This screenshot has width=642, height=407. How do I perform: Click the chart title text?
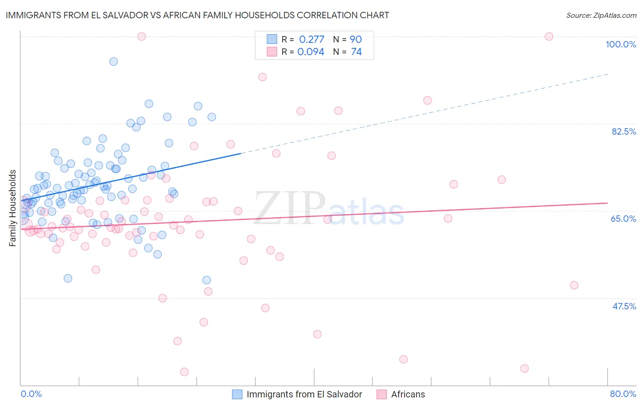tap(197, 15)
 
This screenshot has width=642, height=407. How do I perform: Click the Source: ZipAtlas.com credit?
tap(601, 15)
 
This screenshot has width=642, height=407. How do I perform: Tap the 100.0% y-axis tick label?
tap(621, 44)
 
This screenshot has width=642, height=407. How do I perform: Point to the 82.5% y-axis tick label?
tap(624, 131)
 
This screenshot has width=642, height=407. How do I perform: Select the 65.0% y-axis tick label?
tap(623, 219)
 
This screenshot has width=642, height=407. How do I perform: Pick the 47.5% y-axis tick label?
tap(624, 306)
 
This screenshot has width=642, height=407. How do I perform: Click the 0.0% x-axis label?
tap(31, 394)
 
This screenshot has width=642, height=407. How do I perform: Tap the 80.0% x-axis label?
tap(623, 394)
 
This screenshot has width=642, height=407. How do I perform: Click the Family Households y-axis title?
tap(13, 208)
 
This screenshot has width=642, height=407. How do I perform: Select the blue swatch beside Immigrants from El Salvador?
tap(237, 394)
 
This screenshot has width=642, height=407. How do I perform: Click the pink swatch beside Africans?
tap(381, 394)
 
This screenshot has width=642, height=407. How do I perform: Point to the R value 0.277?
tap(311, 40)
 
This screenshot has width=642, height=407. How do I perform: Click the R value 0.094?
tap(310, 52)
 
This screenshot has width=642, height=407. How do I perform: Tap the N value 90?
tap(356, 40)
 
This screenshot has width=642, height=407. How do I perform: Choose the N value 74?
tap(356, 52)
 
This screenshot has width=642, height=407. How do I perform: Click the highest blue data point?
tap(114, 62)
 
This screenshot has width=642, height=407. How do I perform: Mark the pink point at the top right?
tap(549, 37)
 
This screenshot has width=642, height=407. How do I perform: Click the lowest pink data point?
tap(184, 372)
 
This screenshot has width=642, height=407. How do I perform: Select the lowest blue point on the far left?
tap(68, 278)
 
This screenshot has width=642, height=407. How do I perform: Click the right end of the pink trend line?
tap(607, 203)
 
